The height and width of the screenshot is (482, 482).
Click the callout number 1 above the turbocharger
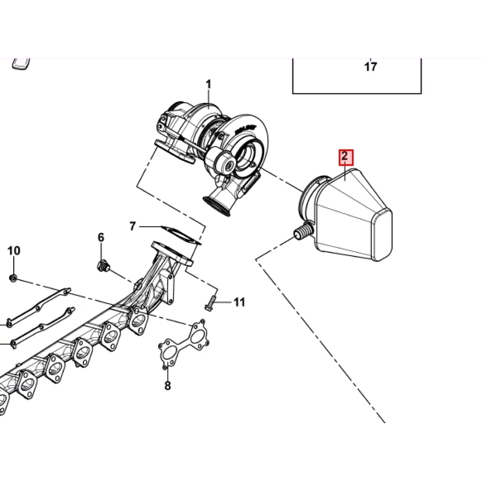point(209,84)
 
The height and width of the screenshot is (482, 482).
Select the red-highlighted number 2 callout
point(346,157)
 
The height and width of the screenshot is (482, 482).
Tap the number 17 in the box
point(371,67)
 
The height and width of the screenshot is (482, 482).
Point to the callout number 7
point(132,226)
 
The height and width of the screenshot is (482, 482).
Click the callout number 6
point(101,237)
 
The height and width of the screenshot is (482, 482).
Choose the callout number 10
point(14,250)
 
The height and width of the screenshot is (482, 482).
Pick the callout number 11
point(240,302)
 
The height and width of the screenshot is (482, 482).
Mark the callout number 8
point(168,385)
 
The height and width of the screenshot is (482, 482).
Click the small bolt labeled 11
point(209,304)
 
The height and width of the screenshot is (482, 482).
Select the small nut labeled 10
point(13,278)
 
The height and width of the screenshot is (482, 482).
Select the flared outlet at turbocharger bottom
point(217,206)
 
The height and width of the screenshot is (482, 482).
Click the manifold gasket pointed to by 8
point(184,343)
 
